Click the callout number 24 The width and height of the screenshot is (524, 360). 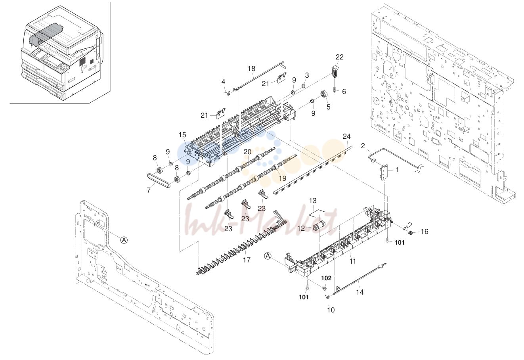347,136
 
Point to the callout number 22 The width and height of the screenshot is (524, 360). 339,57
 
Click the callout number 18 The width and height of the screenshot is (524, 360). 251,69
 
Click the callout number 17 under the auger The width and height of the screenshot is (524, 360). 247,260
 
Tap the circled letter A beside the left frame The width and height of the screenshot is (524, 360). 124,240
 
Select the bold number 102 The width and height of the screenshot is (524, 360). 326,278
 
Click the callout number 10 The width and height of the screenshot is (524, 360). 331,310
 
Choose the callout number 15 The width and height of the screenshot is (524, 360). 182,135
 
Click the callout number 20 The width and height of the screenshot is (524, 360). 247,152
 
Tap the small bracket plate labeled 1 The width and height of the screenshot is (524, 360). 385,172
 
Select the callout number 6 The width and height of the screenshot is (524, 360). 344,92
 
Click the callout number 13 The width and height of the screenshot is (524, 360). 312,201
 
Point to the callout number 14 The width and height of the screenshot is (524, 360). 360,292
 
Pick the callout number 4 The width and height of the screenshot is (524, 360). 224,82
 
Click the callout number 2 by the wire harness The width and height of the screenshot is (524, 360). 363,146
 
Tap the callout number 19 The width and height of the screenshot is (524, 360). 283,178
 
